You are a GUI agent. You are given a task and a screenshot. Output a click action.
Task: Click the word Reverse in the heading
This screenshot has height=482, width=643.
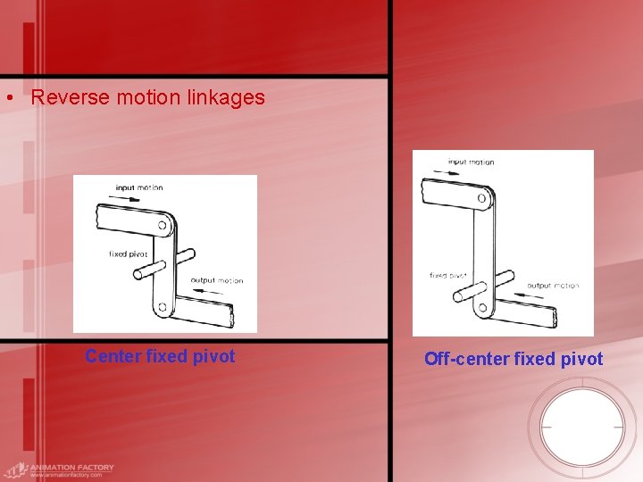point(63,97)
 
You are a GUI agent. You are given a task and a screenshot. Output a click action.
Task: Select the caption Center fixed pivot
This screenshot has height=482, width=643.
point(160,356)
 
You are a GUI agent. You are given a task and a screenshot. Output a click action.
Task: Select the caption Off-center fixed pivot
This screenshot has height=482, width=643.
point(514,359)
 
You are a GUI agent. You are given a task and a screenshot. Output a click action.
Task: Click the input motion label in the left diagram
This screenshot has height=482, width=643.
point(139,187)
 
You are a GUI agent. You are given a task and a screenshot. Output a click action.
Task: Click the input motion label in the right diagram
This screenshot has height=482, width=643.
point(471,162)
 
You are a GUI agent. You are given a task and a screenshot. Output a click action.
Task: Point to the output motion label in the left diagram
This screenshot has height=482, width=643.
point(218,280)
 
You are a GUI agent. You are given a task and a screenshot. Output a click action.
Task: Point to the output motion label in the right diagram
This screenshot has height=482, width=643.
point(553,286)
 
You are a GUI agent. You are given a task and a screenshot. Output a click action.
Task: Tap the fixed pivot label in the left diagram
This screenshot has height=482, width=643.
point(128,254)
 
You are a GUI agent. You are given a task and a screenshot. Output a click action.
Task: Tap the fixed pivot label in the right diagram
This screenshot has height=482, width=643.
point(447,275)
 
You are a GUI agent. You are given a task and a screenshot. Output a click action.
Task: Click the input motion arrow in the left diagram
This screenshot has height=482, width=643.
point(129,198)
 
